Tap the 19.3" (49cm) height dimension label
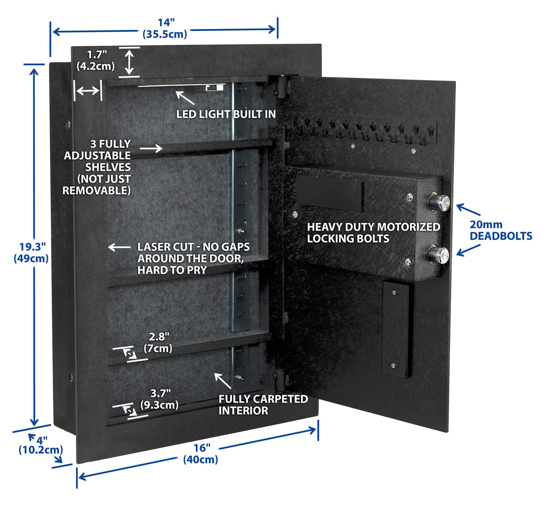click(x=33, y=253)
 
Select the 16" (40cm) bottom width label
click(x=201, y=454)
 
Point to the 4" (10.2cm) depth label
click(x=41, y=445)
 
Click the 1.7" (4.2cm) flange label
click(x=96, y=60)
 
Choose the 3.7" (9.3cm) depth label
click(x=160, y=399)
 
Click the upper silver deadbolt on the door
click(x=439, y=202)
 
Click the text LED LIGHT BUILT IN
click(x=226, y=114)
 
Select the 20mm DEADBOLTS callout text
click(x=501, y=230)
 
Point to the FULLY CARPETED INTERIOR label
click(x=263, y=405)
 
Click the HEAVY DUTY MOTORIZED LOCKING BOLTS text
click(x=373, y=233)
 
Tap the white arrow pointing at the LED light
click(x=185, y=97)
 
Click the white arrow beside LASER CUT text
click(x=119, y=247)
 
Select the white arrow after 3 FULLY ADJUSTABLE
click(x=151, y=148)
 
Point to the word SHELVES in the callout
click(x=108, y=167)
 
